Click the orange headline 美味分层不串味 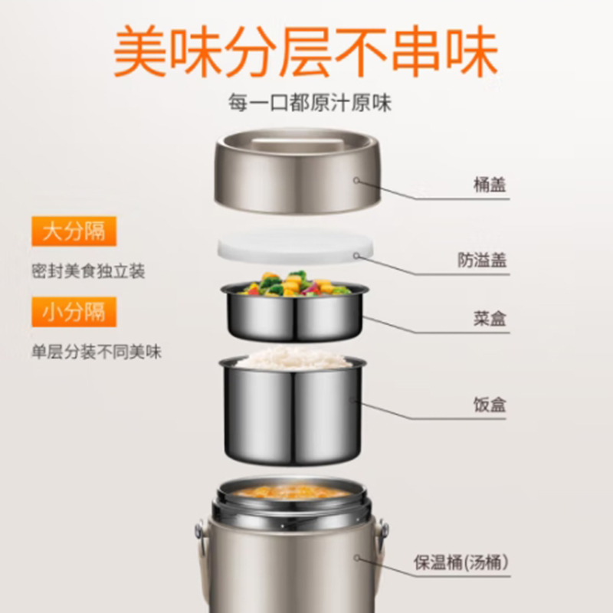(305, 51)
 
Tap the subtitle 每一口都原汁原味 (310, 103)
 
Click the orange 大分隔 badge (74, 231)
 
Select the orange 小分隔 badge (74, 312)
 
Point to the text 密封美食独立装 (88, 271)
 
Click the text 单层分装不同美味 (97, 352)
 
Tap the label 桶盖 (490, 185)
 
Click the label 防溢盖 (482, 260)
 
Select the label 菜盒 (490, 319)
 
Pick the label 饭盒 (490, 405)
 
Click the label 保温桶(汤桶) (461, 562)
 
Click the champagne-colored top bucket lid (297, 171)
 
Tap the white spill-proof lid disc (295, 247)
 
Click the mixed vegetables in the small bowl (295, 284)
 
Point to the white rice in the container (293, 357)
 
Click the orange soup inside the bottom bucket (291, 492)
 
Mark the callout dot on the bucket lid (356, 181)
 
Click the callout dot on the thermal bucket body (357, 558)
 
